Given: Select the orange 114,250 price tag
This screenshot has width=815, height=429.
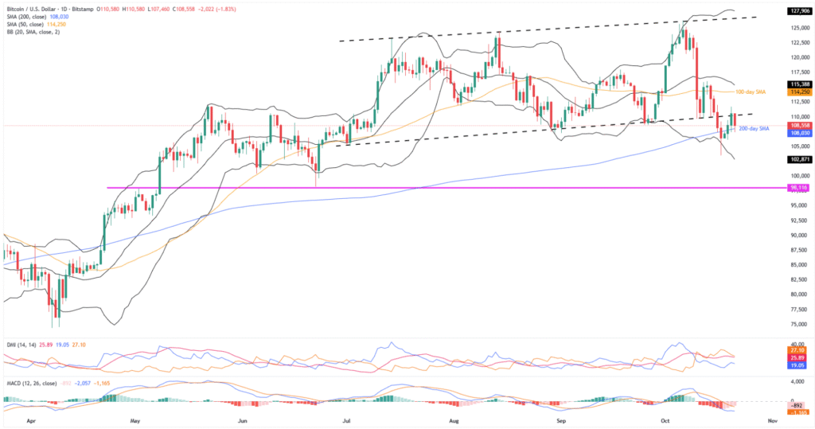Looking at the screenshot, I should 798,92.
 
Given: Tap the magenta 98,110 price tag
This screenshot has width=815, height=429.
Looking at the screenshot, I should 798,188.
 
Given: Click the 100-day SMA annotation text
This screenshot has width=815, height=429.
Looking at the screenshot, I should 750,92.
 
